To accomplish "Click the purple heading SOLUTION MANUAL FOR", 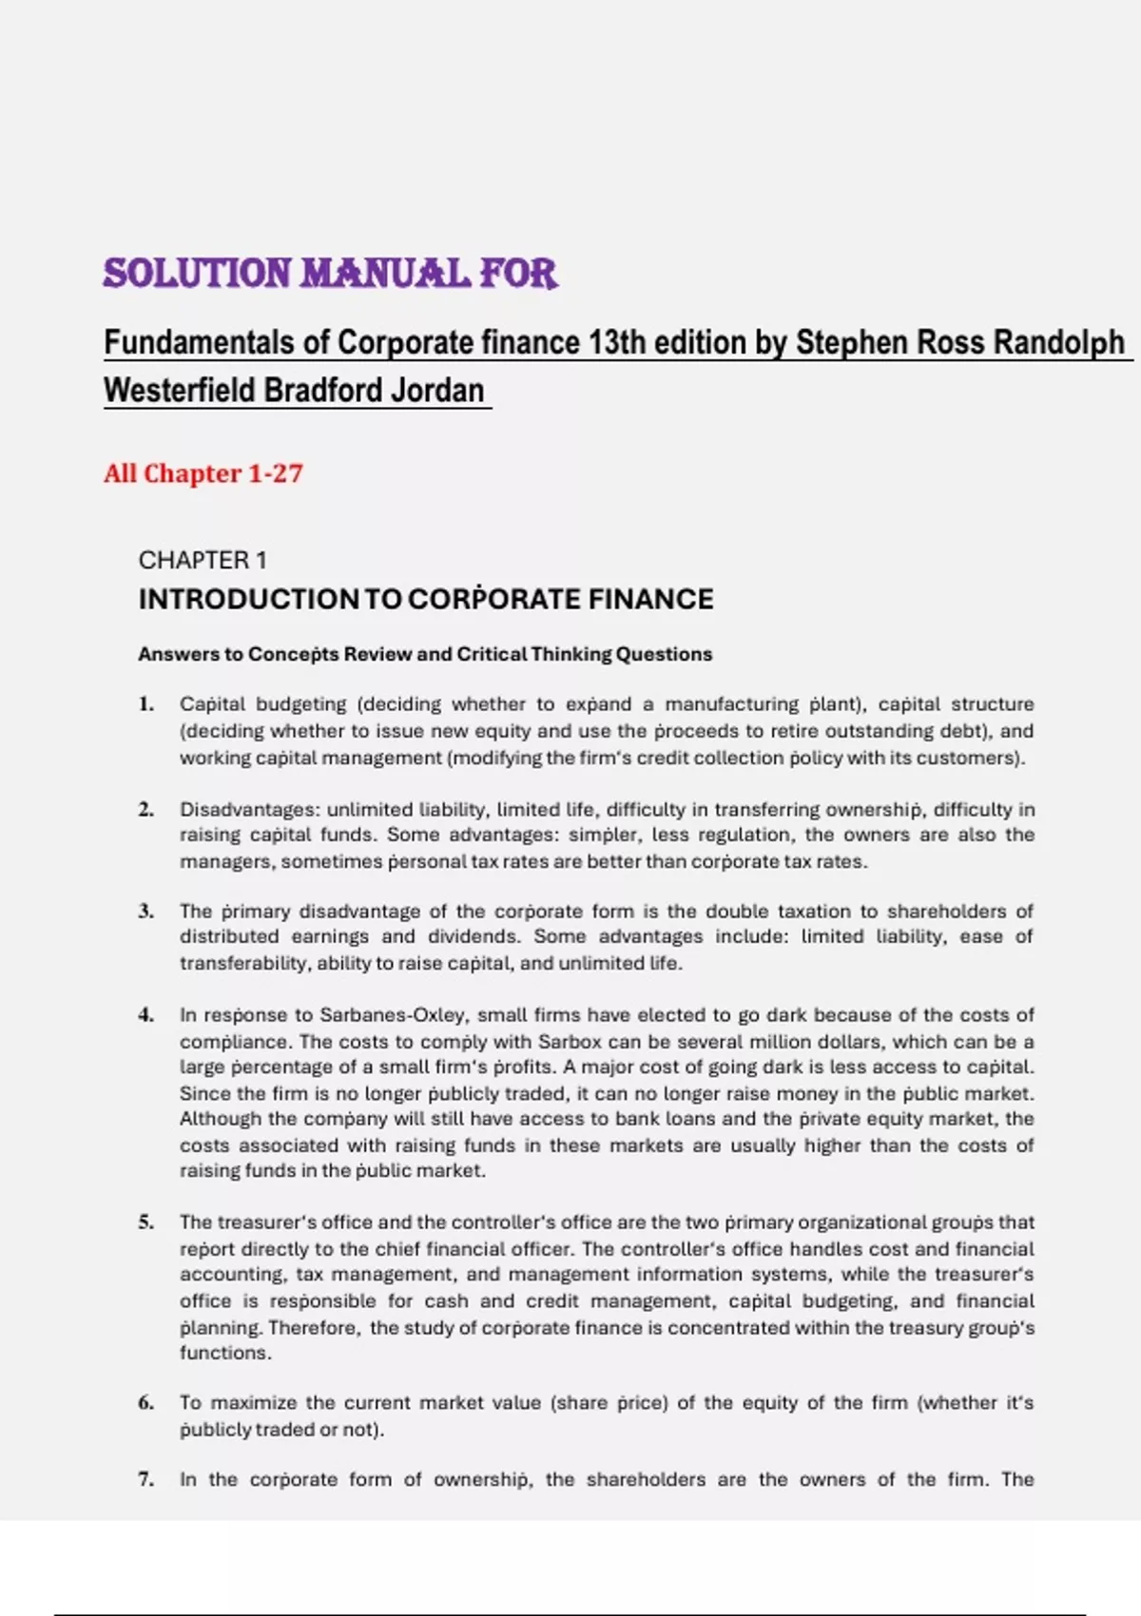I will [x=330, y=274].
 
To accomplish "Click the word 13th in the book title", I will [x=619, y=342].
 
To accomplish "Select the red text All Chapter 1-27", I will [x=203, y=473].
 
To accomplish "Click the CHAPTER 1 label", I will [x=203, y=560].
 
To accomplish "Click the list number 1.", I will [x=145, y=704].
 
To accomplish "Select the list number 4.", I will [x=145, y=1015].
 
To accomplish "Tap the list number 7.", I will [x=145, y=1479].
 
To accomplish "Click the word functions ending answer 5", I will [x=224, y=1353].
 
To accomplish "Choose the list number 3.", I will [x=145, y=912].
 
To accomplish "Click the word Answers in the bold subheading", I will [x=177, y=654].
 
